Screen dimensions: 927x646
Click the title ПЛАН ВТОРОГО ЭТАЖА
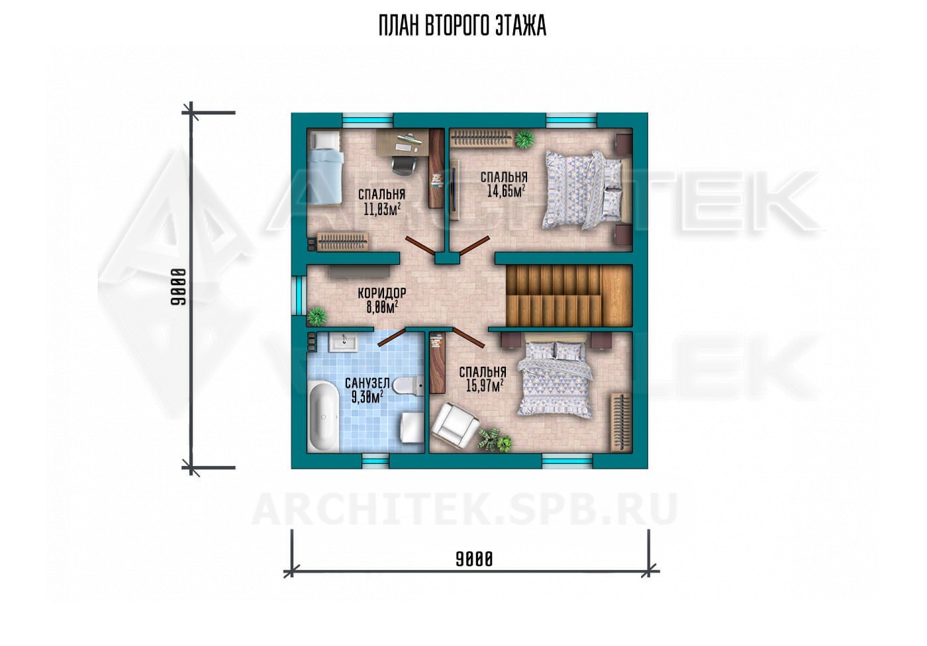pyautogui.click(x=462, y=26)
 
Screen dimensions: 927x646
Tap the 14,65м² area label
pyautogui.click(x=506, y=191)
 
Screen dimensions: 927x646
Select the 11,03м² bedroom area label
pyautogui.click(x=383, y=209)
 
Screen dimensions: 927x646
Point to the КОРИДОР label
pyautogui.click(x=382, y=293)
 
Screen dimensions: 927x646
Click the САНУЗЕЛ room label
pyautogui.click(x=367, y=383)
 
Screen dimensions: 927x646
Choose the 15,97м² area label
pyautogui.click(x=484, y=386)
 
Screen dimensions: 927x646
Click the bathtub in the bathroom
pyautogui.click(x=324, y=416)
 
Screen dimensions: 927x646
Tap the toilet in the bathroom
pyautogui.click(x=408, y=385)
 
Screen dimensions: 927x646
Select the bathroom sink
pyautogui.click(x=343, y=342)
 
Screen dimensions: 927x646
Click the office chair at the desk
pyautogui.click(x=403, y=165)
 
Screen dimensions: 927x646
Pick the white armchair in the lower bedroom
pyautogui.click(x=455, y=426)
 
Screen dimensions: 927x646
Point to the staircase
pyautogui.click(x=569, y=296)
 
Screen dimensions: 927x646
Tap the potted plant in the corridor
pyautogui.click(x=317, y=317)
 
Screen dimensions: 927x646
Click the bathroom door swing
pyautogui.click(x=391, y=338)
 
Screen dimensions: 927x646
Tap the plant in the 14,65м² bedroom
pyautogui.click(x=524, y=138)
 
